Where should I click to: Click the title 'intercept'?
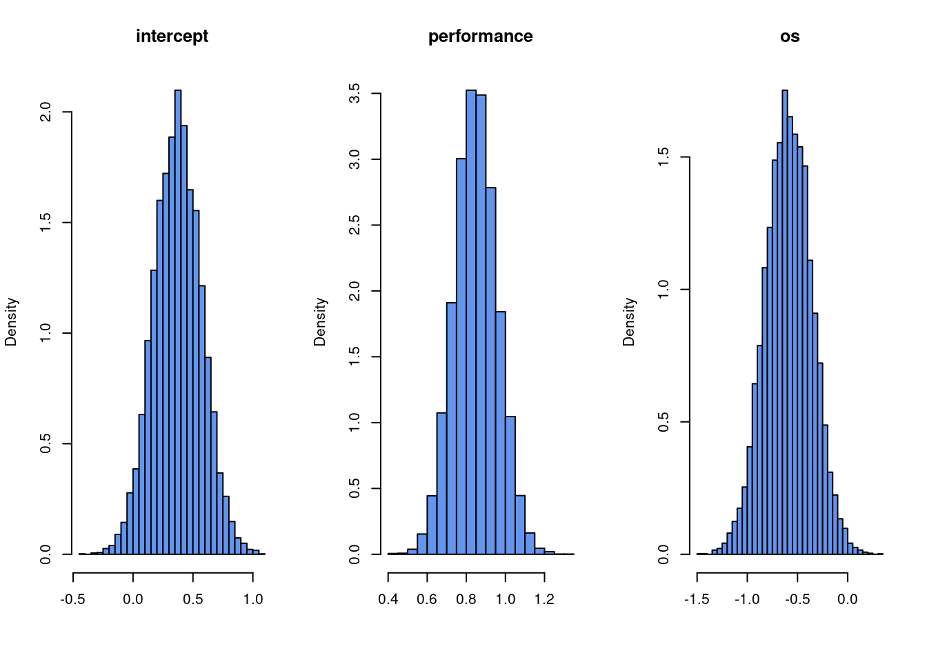click(172, 37)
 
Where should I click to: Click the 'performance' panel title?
click(480, 37)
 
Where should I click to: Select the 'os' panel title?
click(790, 37)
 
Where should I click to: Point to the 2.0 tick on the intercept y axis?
click(46, 112)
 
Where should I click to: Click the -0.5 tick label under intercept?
click(72, 599)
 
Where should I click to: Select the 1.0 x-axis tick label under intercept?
click(253, 599)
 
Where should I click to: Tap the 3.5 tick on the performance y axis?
click(355, 93)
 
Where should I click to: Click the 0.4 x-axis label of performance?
click(388, 599)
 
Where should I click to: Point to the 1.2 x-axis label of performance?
click(544, 599)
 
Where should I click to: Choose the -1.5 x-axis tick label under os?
click(697, 599)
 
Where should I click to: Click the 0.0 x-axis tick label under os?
click(847, 599)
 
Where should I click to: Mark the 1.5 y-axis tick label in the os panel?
click(664, 157)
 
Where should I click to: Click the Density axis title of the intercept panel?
click(11, 321)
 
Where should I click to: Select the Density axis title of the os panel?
click(629, 321)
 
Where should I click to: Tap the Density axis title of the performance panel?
click(320, 321)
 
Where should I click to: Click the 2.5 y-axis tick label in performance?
click(355, 225)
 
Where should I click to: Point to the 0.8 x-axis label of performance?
click(466, 599)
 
